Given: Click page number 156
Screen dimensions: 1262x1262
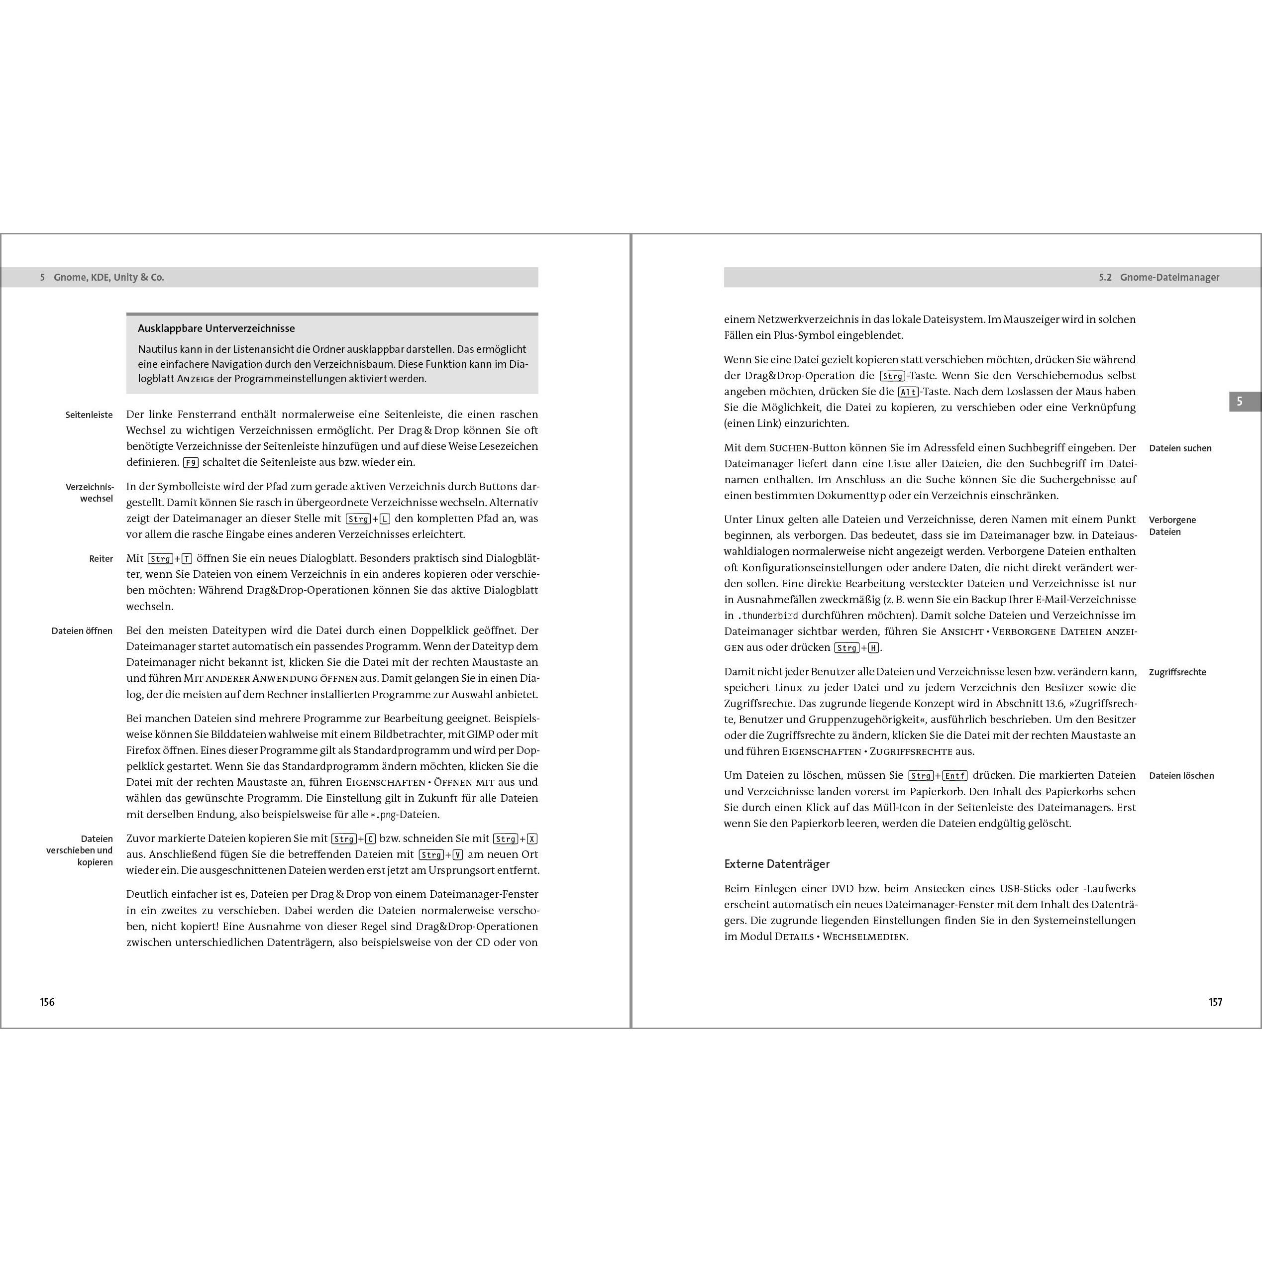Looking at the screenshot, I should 47,1002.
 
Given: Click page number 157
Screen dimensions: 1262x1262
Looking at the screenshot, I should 1215,1002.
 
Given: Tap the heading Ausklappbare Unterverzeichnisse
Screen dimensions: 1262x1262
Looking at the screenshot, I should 216,328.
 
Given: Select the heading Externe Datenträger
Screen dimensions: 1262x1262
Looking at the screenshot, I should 777,863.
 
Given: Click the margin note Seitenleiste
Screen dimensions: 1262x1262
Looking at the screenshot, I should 89,415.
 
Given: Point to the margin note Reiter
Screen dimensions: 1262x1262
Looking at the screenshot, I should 101,558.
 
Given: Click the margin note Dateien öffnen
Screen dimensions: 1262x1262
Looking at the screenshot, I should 82,631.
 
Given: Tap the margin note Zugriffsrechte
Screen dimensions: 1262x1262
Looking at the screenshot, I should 1178,672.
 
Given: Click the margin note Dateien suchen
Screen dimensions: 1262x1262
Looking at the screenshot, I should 1180,448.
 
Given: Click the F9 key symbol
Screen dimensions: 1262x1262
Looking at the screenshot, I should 190,462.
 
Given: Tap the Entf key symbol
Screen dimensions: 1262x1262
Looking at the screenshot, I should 954,776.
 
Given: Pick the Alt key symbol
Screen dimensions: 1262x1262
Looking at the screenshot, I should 908,392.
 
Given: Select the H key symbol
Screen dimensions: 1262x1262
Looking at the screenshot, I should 873,648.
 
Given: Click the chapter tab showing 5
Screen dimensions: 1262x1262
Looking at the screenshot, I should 1239,402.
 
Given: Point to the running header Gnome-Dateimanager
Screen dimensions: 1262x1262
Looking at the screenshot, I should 1169,278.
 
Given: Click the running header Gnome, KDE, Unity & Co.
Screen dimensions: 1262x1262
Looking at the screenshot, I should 108,278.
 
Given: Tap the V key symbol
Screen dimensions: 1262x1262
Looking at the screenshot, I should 458,855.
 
